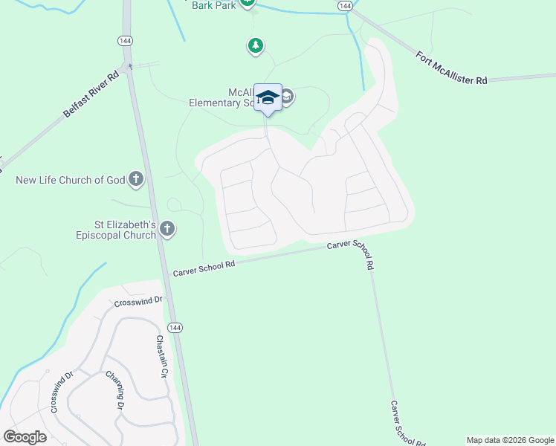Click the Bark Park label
(x=214, y=5)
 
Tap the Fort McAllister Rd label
(x=451, y=68)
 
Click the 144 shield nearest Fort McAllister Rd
(x=343, y=5)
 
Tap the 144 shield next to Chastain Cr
(x=172, y=328)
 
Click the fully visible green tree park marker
(x=256, y=47)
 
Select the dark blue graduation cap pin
(x=268, y=98)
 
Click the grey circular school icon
(x=286, y=97)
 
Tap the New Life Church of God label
(x=71, y=180)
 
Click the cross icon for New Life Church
(x=135, y=179)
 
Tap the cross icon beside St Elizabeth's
(x=167, y=230)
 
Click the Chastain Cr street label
(x=160, y=357)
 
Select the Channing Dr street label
(x=114, y=390)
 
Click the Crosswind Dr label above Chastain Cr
(x=138, y=301)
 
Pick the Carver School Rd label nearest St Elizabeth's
(x=204, y=268)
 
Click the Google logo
(x=25, y=437)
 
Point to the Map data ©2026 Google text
(x=510, y=440)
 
